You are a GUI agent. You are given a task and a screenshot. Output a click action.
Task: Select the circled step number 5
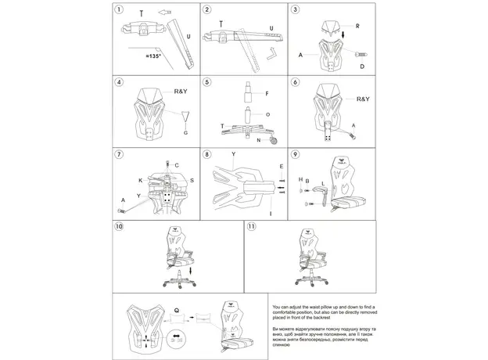click(207, 82)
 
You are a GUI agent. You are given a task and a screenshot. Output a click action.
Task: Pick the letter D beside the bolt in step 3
click(361, 67)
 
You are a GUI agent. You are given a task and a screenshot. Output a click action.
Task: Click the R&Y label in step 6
click(363, 99)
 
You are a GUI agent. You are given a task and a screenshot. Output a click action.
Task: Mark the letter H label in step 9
click(300, 179)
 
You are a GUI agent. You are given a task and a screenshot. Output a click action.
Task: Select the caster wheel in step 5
click(274, 141)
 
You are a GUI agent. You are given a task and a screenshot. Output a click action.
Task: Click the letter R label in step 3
click(357, 26)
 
